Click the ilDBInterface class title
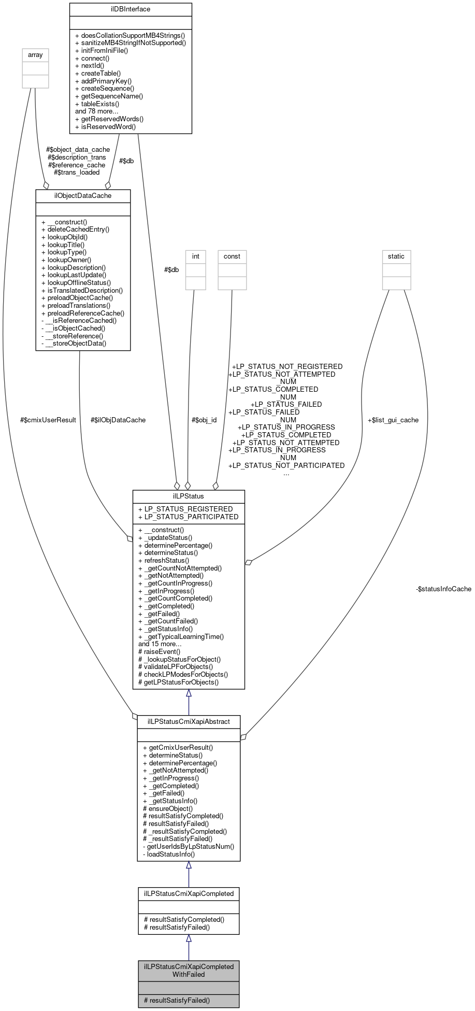[131, 9]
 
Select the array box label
[35, 54]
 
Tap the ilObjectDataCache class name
[83, 195]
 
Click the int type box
[196, 256]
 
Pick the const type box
[232, 256]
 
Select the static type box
[396, 256]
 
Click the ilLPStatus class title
[189, 496]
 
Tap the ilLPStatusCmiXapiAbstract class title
[189, 721]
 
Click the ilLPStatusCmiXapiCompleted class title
[189, 893]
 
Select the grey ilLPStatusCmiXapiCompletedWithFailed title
[189, 970]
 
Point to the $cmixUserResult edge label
[48, 420]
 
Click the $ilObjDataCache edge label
[118, 420]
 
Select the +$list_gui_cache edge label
[393, 420]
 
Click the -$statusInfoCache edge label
[443, 589]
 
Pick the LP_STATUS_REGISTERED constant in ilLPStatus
[185, 509]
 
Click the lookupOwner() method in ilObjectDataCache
[68, 260]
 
